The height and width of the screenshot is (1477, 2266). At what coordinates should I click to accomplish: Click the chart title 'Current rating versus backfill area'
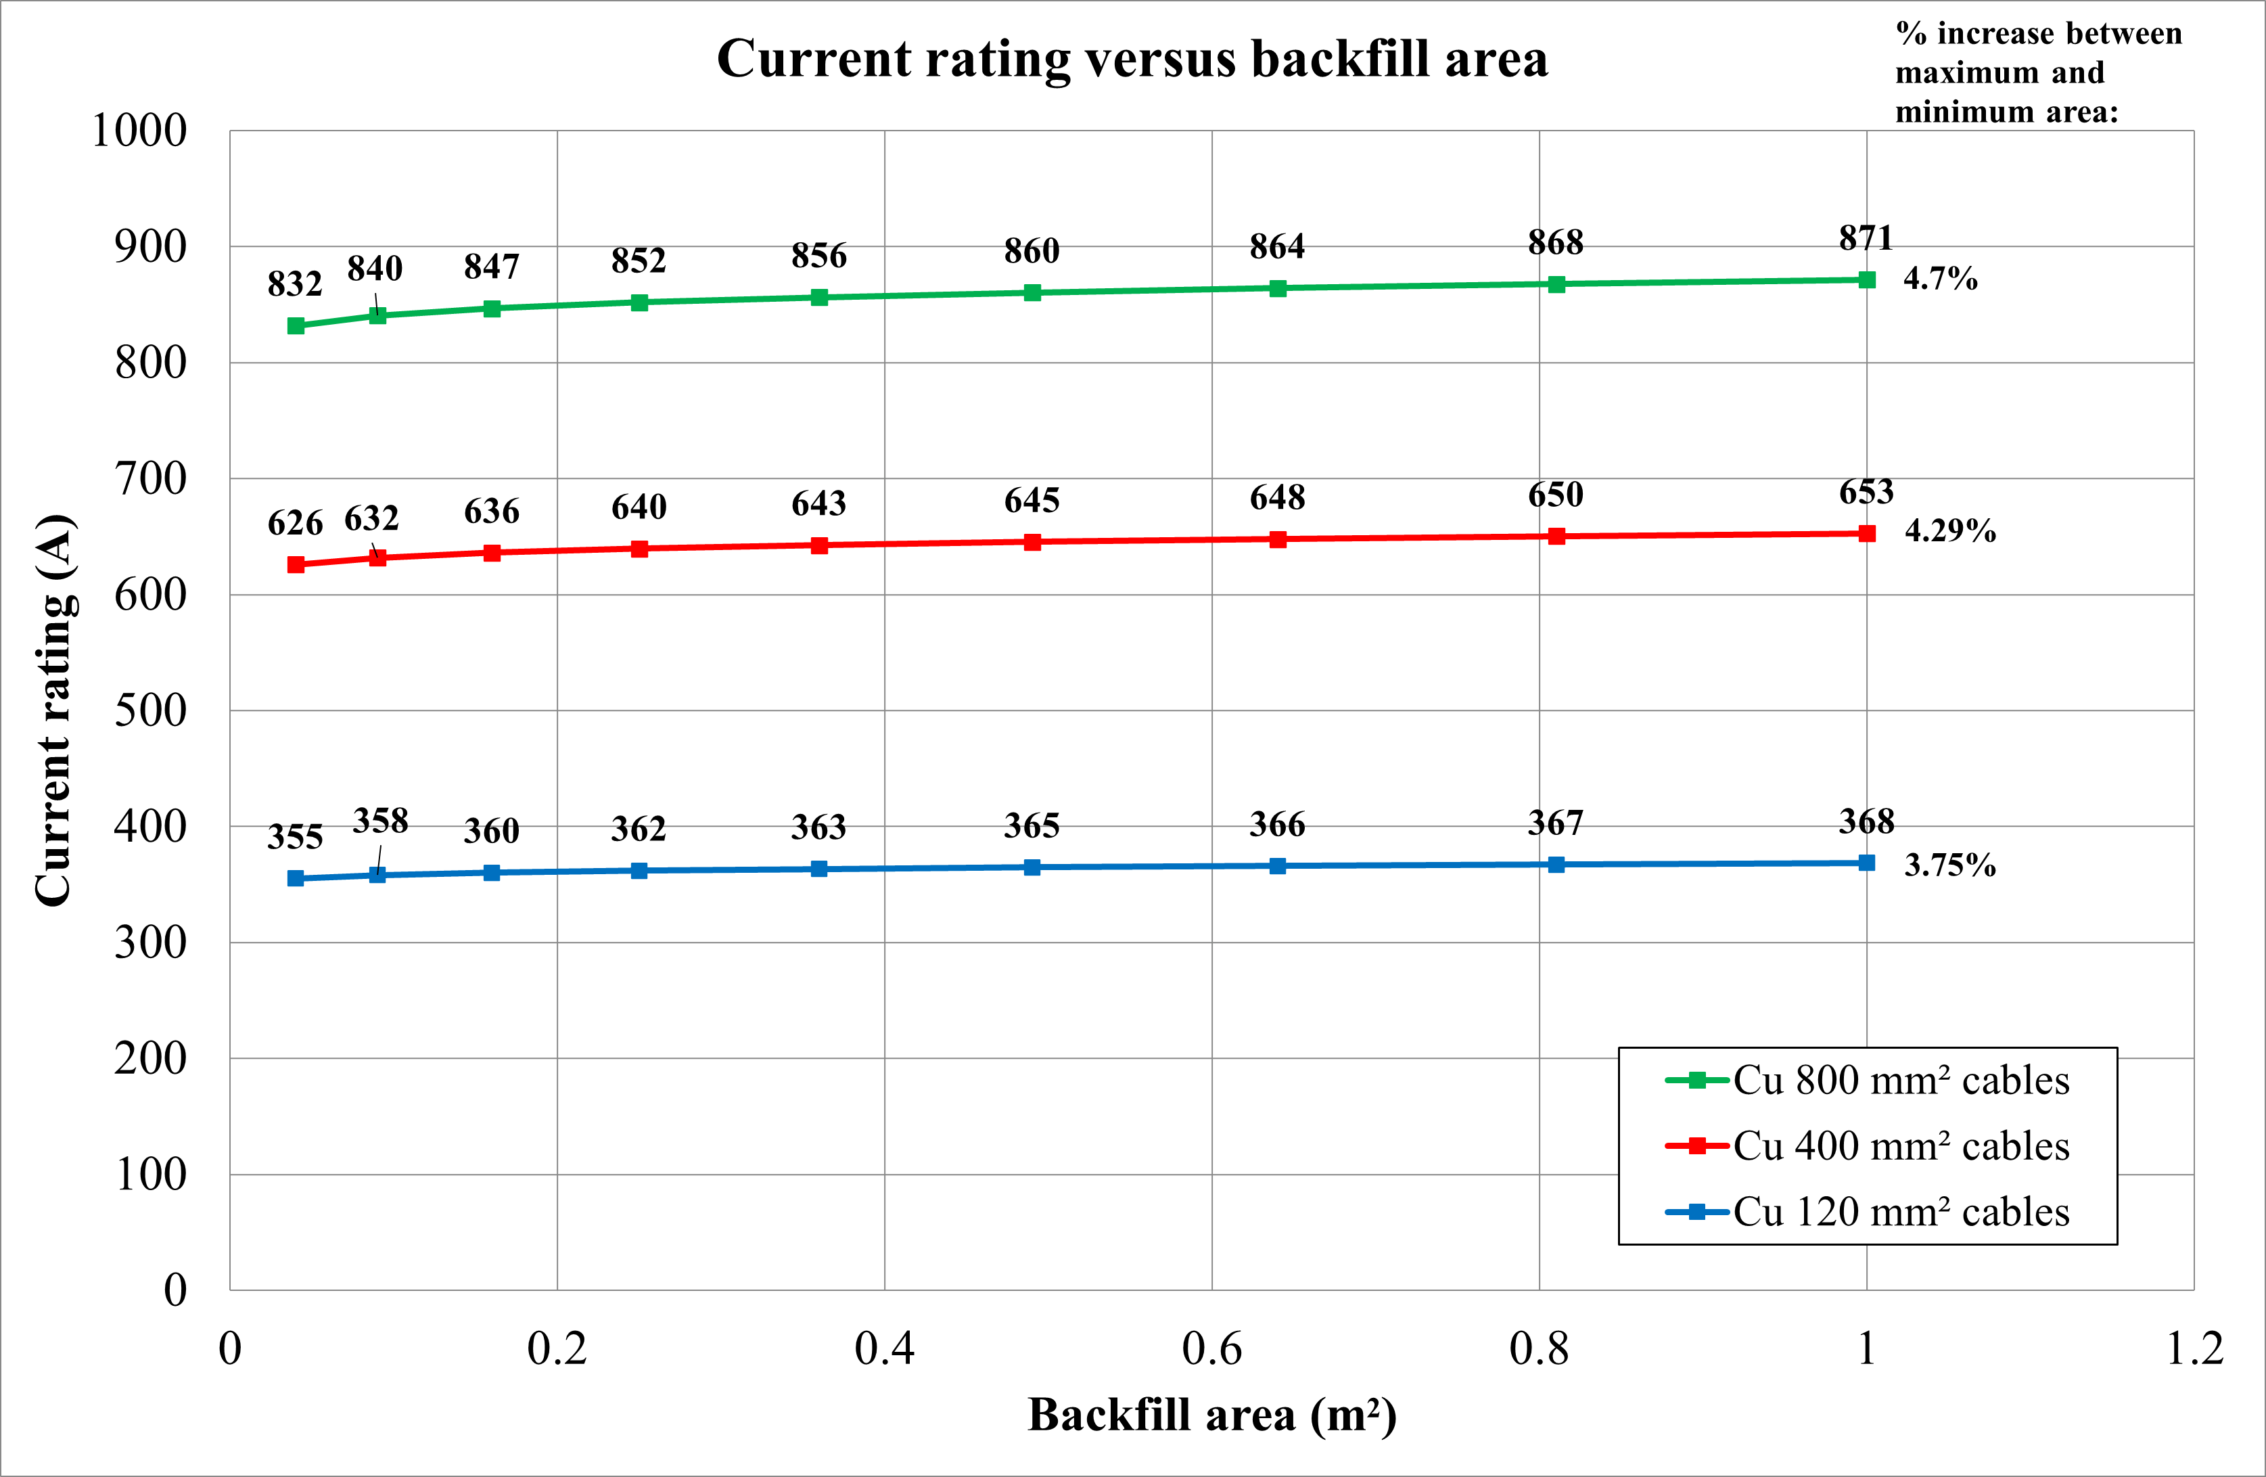[x=1132, y=59]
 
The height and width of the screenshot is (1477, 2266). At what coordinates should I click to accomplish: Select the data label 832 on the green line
[x=295, y=283]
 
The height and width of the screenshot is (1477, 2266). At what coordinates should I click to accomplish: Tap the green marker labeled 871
[x=1866, y=280]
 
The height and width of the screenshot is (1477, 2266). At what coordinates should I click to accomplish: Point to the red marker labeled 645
[x=1032, y=543]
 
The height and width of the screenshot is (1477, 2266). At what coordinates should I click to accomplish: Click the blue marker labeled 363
[x=819, y=869]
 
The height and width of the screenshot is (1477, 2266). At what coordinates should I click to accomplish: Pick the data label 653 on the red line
[x=1866, y=493]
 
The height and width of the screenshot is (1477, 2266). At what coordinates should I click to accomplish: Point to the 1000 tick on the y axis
[x=140, y=131]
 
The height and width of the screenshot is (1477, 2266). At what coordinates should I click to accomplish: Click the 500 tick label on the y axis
[x=150, y=710]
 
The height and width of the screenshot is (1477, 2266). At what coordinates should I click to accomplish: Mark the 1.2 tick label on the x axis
[x=2194, y=1348]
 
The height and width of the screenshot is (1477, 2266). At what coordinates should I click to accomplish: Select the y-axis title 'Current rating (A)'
[x=54, y=710]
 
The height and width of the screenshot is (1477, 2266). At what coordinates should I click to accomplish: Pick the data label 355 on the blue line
[x=295, y=837]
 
